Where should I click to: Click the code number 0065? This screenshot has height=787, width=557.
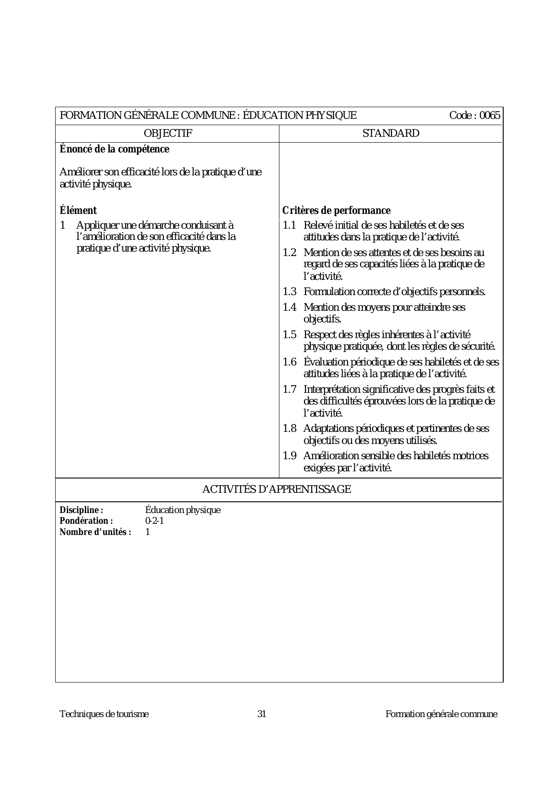pyautogui.click(x=490, y=116)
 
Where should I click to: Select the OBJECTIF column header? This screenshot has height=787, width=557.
pyautogui.click(x=168, y=133)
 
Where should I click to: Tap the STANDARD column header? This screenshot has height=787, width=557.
pyautogui.click(x=391, y=133)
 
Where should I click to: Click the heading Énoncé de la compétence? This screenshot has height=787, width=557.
pyautogui.click(x=114, y=149)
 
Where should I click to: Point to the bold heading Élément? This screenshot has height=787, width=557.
pyautogui.click(x=78, y=210)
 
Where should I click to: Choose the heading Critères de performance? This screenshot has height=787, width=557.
pyautogui.click(x=336, y=210)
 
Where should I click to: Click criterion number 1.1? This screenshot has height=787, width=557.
pyautogui.click(x=289, y=225)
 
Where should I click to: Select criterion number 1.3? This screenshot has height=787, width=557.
pyautogui.click(x=289, y=292)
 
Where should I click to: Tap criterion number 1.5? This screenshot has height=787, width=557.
pyautogui.click(x=289, y=335)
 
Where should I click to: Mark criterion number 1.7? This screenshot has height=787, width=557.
pyautogui.click(x=289, y=389)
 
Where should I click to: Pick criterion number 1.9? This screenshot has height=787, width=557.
pyautogui.click(x=289, y=456)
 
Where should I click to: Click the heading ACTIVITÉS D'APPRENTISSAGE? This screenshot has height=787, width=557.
pyautogui.click(x=276, y=489)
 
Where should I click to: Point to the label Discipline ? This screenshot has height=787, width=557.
pyautogui.click(x=82, y=510)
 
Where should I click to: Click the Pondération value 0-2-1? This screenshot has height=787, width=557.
pyautogui.click(x=155, y=521)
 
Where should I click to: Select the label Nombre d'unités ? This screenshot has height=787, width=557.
pyautogui.click(x=96, y=532)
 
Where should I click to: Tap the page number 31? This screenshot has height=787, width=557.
pyautogui.click(x=261, y=714)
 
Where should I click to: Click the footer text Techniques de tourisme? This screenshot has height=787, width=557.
pyautogui.click(x=104, y=714)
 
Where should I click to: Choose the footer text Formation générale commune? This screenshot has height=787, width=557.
pyautogui.click(x=441, y=714)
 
